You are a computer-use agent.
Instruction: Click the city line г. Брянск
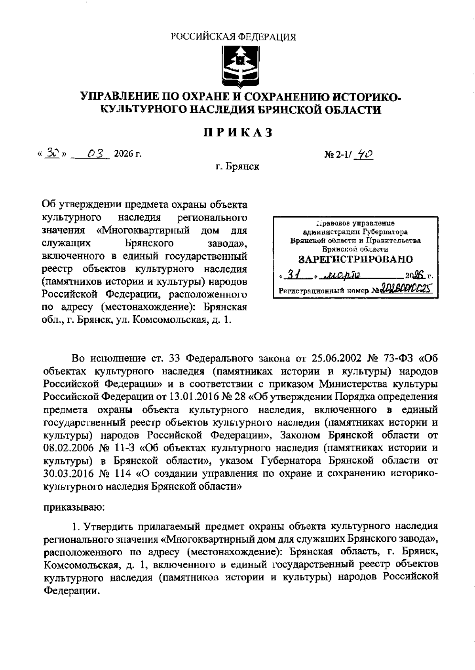[x=237, y=167]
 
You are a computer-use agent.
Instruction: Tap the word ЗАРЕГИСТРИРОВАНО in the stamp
[x=355, y=259]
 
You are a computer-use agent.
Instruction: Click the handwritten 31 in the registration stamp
[x=294, y=275]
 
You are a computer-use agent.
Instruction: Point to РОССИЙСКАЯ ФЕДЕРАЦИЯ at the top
[x=234, y=37]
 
